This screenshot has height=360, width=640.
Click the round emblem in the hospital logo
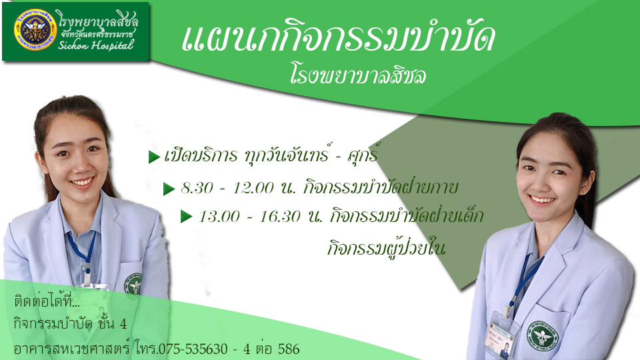(x=35, y=30)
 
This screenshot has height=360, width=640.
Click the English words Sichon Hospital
(x=96, y=45)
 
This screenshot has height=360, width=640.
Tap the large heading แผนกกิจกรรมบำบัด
(x=339, y=37)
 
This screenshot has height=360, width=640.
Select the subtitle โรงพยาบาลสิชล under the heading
(x=358, y=75)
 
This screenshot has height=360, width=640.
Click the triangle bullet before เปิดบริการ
(x=154, y=157)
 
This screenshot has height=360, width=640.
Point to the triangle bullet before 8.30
(x=169, y=189)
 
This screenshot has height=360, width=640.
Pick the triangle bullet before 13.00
(x=187, y=216)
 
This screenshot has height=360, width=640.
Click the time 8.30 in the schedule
(x=197, y=188)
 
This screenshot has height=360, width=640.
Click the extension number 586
(x=289, y=349)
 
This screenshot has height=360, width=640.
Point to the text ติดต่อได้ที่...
(x=47, y=302)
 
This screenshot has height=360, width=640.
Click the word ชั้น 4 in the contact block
(x=112, y=324)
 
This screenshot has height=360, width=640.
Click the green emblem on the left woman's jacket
(x=133, y=284)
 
